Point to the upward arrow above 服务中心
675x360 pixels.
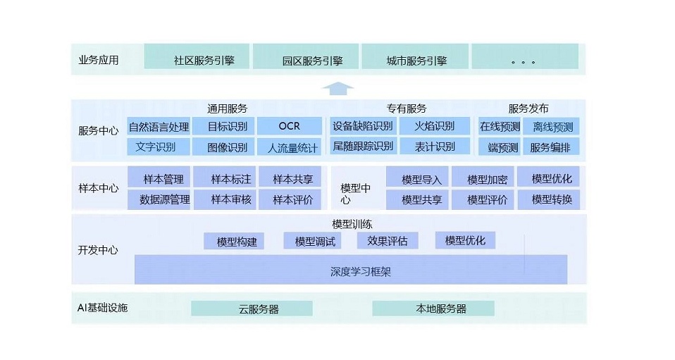pyautogui.click(x=337, y=88)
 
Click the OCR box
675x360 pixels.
pyautogui.click(x=289, y=126)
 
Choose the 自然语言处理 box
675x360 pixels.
pyautogui.click(x=159, y=127)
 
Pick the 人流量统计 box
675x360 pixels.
pyautogui.click(x=289, y=147)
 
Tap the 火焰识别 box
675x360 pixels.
pyautogui.click(x=435, y=126)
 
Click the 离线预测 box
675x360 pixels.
pyautogui.click(x=553, y=127)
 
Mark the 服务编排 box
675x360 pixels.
pyautogui.click(x=553, y=147)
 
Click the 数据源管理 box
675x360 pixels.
pyautogui.click(x=159, y=199)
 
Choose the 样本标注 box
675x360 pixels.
pyautogui.click(x=225, y=179)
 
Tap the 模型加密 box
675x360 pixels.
pyautogui.click(x=485, y=179)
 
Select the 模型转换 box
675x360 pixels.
pyautogui.click(x=551, y=199)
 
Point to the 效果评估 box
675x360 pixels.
pyautogui.click(x=388, y=241)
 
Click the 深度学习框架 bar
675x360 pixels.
pyautogui.click(x=350, y=271)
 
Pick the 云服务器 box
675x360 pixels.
pyautogui.click(x=252, y=309)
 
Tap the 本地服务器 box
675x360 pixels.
pyautogui.click(x=433, y=309)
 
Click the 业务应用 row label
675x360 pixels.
pyautogui.click(x=99, y=60)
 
